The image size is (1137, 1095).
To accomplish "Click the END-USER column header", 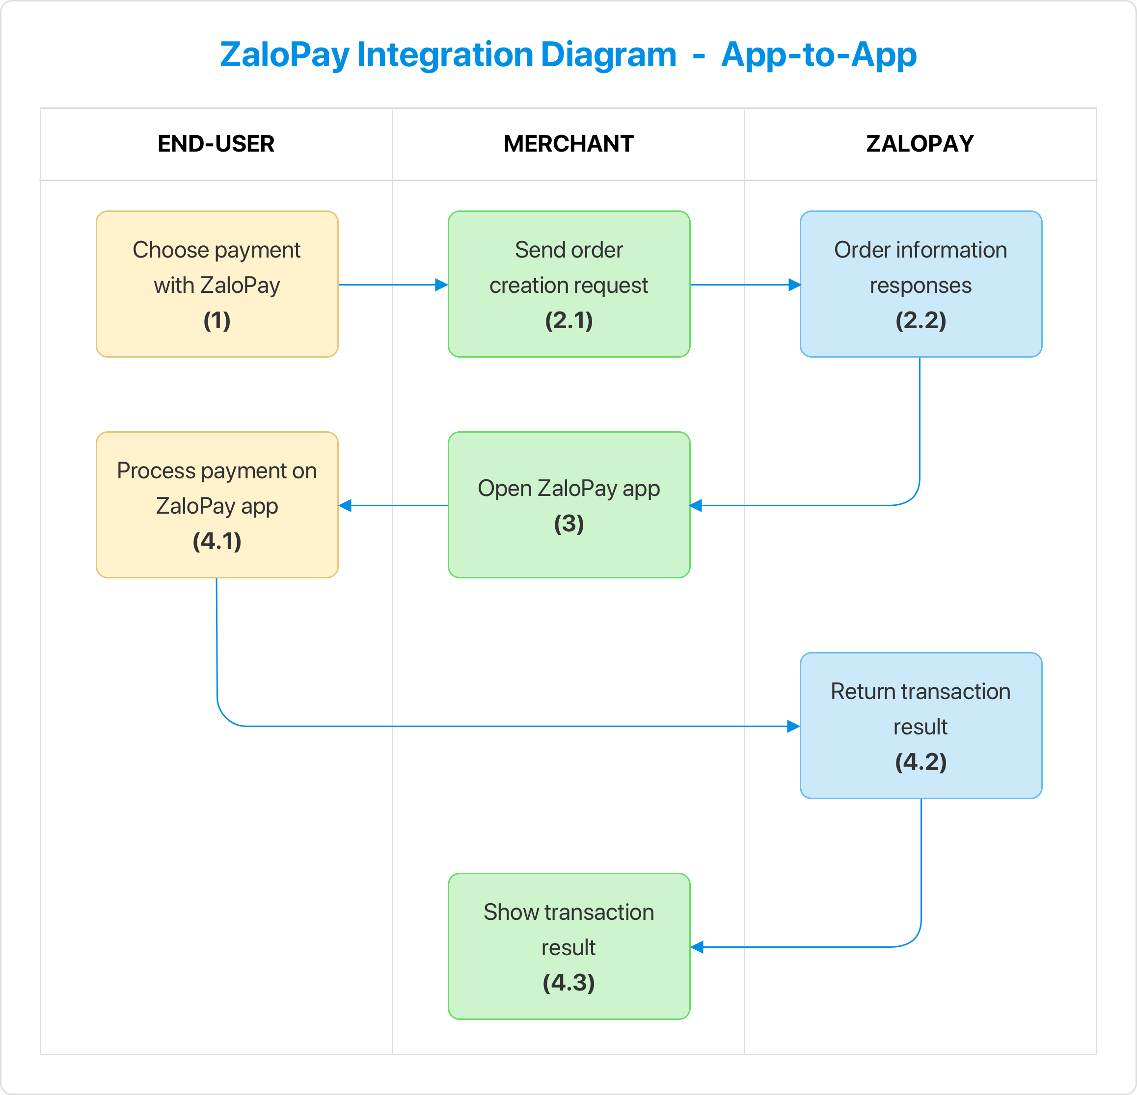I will click(216, 144).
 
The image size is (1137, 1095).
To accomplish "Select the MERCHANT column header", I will click(568, 144).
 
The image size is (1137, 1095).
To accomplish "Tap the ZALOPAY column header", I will click(920, 144).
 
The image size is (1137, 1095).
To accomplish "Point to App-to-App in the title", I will click(818, 55).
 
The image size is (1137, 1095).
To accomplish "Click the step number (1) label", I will click(217, 320).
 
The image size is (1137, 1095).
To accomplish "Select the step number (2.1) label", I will click(569, 320).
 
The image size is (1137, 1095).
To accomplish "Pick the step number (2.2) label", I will click(920, 320).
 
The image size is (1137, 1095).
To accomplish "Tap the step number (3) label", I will click(569, 524).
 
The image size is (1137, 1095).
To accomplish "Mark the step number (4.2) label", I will click(920, 762).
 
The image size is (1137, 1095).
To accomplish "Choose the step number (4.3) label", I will click(569, 983).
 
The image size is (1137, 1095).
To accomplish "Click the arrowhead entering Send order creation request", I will click(441, 285).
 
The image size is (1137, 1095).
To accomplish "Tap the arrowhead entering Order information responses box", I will click(794, 285).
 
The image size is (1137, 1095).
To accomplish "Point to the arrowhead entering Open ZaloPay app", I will click(696, 505).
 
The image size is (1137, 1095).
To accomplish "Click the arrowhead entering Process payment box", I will click(345, 505).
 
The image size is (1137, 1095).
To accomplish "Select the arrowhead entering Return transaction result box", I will click(793, 727).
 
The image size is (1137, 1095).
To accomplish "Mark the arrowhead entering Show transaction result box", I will click(697, 947).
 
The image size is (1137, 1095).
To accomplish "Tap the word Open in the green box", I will click(505, 488).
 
